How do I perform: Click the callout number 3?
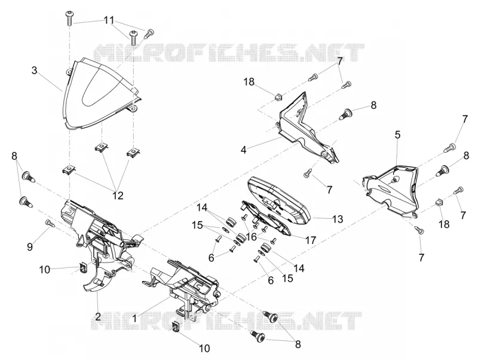[35, 71]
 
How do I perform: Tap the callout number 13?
[338, 219]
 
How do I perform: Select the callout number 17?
[311, 240]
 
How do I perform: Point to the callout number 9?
[29, 246]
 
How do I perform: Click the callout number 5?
[397, 135]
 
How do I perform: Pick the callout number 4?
[243, 150]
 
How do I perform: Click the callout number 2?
[97, 316]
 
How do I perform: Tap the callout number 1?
[134, 319]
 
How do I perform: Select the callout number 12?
[118, 196]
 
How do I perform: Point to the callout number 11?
[109, 20]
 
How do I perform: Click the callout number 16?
[252, 236]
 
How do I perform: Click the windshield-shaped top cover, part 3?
[100, 94]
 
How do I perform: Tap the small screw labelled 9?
[50, 223]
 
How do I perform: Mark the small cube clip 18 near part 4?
[278, 97]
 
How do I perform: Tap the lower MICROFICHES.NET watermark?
[226, 321]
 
